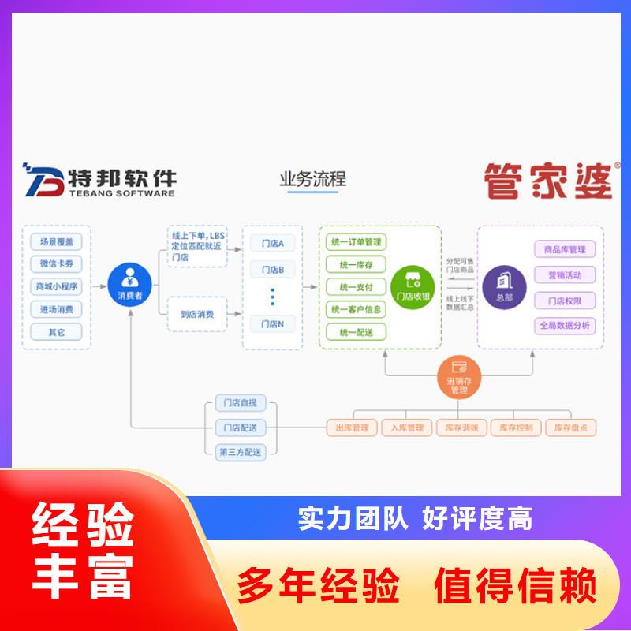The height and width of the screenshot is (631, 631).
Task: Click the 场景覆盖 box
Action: (57, 242)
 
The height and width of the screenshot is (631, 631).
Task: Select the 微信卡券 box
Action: (57, 264)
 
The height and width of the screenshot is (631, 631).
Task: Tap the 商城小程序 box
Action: (57, 286)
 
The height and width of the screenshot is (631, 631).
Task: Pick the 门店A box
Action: (272, 243)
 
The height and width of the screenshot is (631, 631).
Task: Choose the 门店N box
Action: (272, 323)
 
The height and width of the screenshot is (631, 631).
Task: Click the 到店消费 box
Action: (196, 313)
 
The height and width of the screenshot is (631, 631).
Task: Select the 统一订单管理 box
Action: (356, 242)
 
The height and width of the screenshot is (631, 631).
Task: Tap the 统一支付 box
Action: (356, 287)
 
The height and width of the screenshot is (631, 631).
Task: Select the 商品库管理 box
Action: (565, 250)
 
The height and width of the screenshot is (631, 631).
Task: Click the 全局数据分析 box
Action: (565, 325)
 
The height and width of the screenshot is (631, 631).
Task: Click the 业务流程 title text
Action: (312, 179)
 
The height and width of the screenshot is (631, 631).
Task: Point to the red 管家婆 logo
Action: (549, 181)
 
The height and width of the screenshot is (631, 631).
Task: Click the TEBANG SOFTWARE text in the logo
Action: (121, 193)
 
